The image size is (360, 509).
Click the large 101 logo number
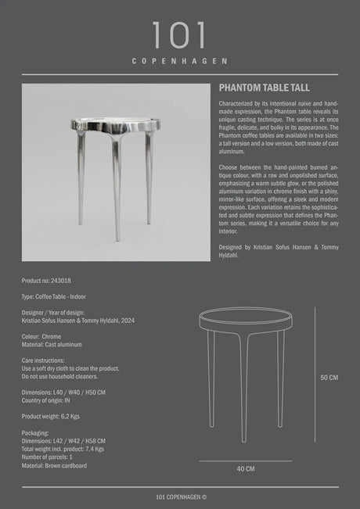click(x=179, y=36)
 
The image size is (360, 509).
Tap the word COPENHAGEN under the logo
click(x=179, y=61)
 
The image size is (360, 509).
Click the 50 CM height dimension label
click(x=329, y=378)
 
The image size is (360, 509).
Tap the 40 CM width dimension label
click(x=245, y=469)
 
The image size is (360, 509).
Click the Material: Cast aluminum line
click(x=52, y=345)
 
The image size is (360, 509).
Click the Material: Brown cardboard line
click(x=54, y=465)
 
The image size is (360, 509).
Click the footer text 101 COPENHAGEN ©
click(x=179, y=496)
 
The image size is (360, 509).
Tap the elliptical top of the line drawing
click(x=245, y=321)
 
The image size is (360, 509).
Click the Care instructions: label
click(x=47, y=360)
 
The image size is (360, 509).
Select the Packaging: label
click(x=35, y=432)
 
